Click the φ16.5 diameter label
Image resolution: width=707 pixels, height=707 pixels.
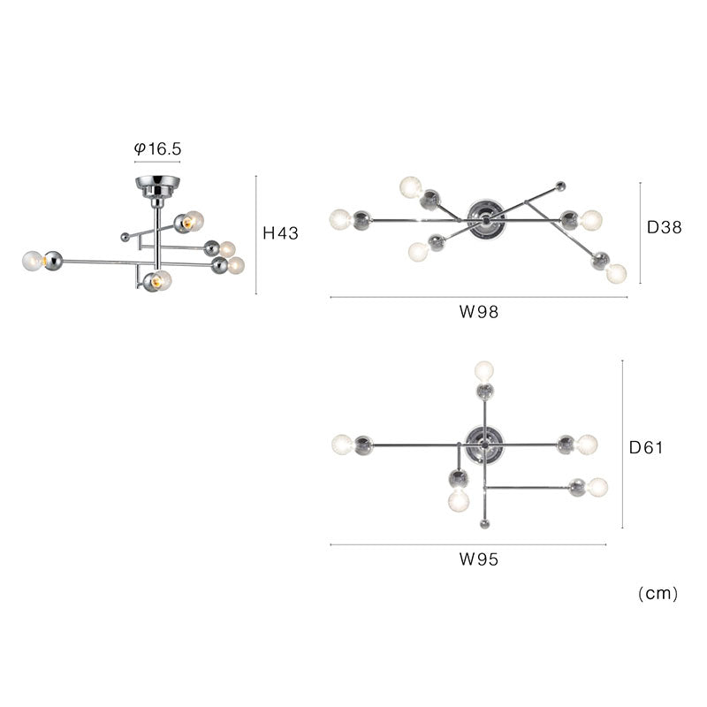click(x=158, y=148)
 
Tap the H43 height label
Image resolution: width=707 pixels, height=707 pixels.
click(x=280, y=233)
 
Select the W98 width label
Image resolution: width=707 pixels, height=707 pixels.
click(x=479, y=312)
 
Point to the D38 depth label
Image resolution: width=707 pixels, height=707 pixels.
click(x=665, y=227)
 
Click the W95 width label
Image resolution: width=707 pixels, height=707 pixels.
click(x=479, y=559)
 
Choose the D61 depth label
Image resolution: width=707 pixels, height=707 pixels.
click(x=646, y=447)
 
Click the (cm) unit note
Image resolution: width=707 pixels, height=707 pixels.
click(x=658, y=593)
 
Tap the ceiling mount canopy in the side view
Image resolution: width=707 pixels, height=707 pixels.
click(x=158, y=186)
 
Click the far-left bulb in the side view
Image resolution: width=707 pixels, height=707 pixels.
click(x=33, y=261)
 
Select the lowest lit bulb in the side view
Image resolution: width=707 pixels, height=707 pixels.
click(x=162, y=280)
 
